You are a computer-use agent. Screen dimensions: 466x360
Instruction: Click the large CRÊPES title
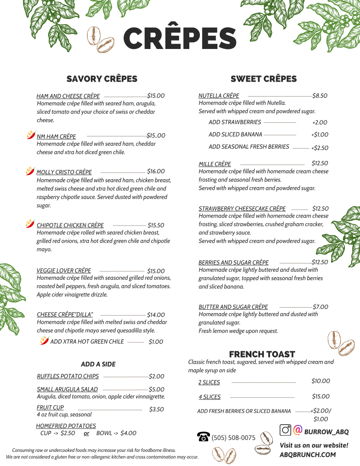pos(180,39)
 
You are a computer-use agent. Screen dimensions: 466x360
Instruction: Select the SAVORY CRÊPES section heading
pos(102,79)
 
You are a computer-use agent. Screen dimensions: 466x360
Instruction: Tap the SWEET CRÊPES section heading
pos(263,79)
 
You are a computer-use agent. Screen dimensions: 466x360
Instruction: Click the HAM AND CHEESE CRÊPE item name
pos(68,96)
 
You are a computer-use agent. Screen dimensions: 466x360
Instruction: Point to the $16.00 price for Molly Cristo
pos(156,171)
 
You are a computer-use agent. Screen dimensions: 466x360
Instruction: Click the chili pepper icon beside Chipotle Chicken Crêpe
pos(30,224)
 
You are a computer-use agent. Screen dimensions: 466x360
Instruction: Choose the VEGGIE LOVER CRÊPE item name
pos(64,271)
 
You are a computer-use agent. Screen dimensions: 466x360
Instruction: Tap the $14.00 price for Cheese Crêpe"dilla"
pos(156,315)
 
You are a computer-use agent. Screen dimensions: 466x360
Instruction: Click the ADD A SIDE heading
pos(98,364)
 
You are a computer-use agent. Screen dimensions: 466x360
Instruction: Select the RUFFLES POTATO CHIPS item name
pos(68,376)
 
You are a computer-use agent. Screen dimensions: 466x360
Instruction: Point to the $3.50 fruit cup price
pos(156,409)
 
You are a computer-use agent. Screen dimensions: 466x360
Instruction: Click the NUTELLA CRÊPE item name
pos(219,96)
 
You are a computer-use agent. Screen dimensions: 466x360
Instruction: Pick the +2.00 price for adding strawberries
pos(319,122)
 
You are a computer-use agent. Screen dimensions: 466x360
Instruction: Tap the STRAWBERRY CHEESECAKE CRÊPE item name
pos(242,208)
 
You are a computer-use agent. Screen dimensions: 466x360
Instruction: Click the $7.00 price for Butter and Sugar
pos(320,307)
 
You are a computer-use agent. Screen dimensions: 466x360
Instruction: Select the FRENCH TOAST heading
pos(262,354)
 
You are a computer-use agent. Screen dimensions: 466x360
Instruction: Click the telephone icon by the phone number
pos(203,437)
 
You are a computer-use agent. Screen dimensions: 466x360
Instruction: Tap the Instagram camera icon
pos(285,430)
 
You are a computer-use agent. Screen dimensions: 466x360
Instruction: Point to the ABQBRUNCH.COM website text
pos(307,455)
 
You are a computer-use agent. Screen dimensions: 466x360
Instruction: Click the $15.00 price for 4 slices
pos(320,396)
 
